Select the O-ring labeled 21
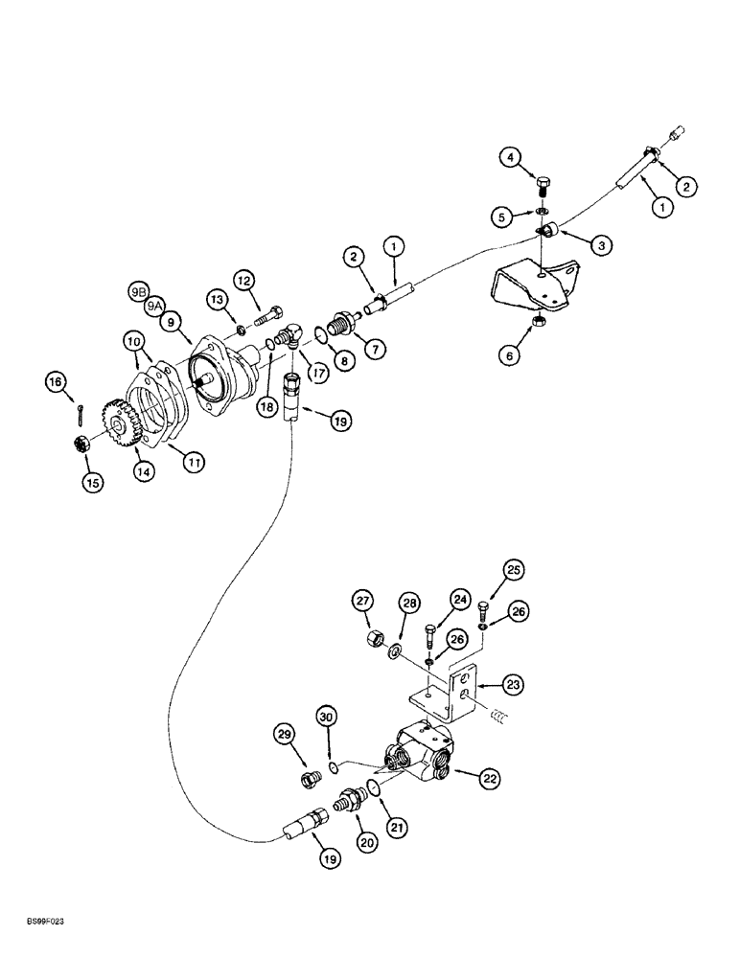pos(372,786)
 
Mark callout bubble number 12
pos(243,280)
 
